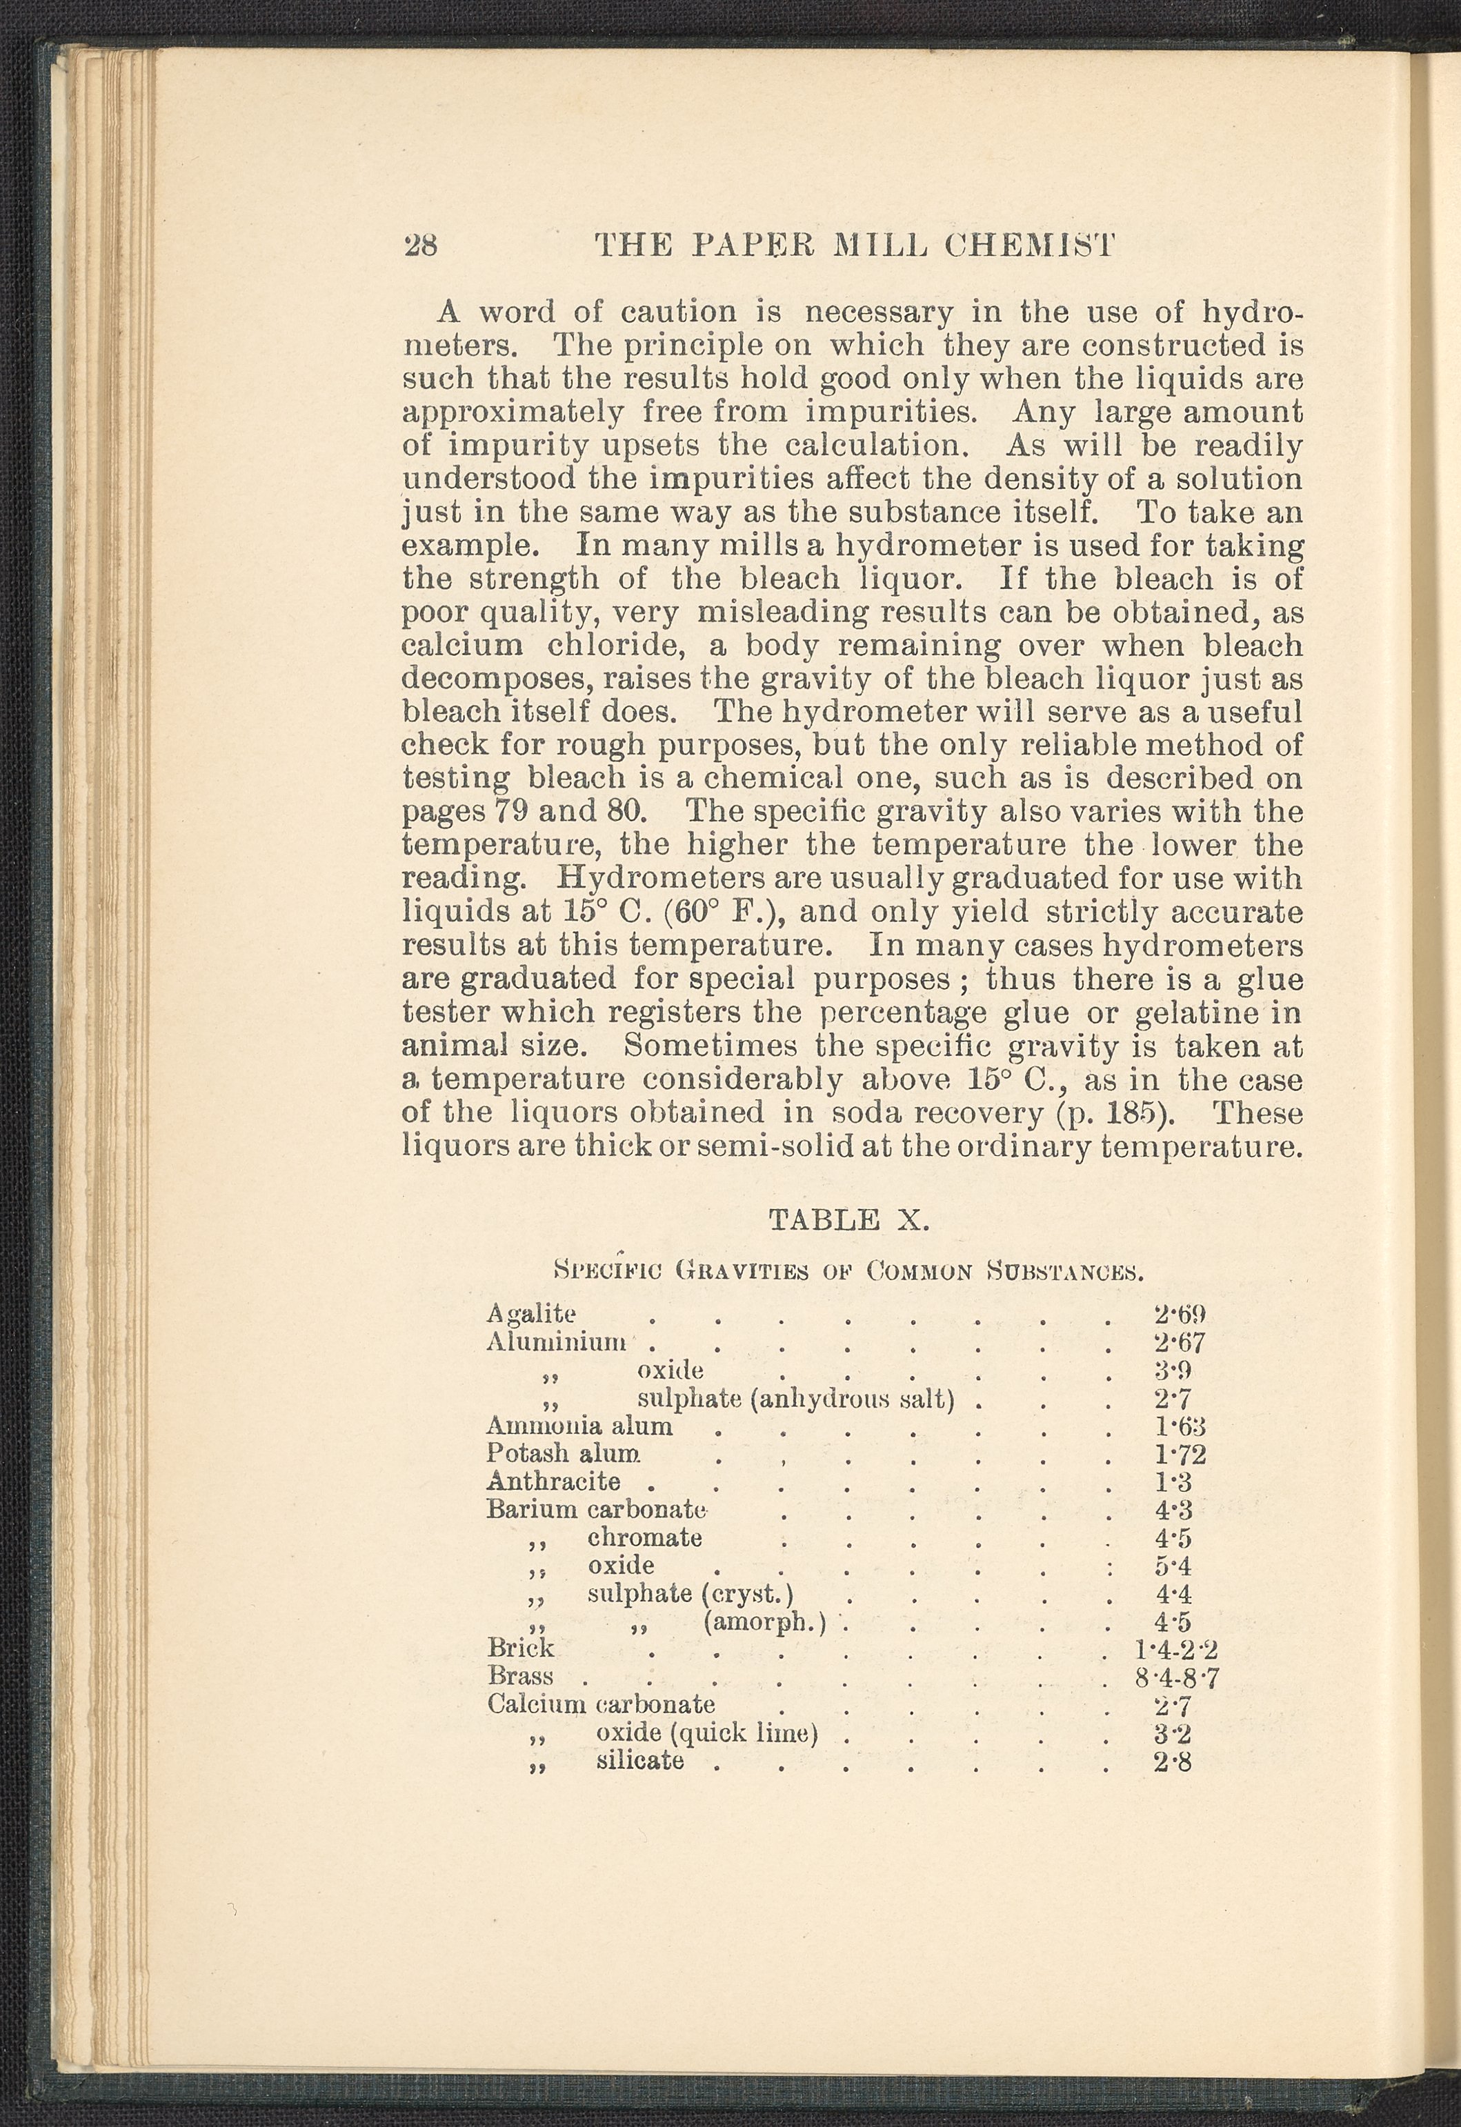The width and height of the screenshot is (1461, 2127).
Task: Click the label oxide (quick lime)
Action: pos(706,1733)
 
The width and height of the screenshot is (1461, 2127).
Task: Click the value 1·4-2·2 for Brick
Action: pos(1175,1649)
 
